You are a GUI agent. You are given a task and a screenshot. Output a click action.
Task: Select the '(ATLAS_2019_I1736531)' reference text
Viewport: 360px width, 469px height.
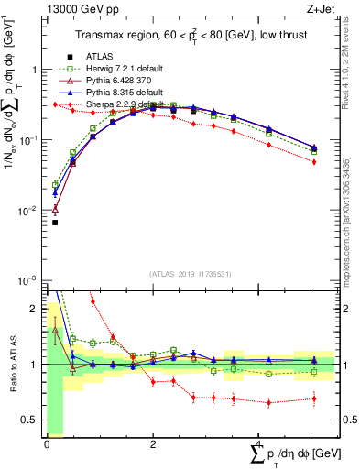(x=191, y=273)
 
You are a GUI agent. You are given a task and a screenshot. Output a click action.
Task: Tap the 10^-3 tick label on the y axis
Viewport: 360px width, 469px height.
(x=28, y=280)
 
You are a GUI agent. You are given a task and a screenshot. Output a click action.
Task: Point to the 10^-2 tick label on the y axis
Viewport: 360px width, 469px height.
(x=28, y=211)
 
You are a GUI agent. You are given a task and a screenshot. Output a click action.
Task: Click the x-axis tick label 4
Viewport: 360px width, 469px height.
(x=259, y=443)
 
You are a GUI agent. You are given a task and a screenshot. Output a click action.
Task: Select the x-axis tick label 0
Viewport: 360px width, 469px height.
(x=47, y=443)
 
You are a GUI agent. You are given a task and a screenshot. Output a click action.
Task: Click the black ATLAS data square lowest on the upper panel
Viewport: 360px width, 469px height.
(x=55, y=223)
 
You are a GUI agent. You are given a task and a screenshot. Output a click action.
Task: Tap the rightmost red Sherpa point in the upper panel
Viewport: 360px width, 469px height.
(x=314, y=162)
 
